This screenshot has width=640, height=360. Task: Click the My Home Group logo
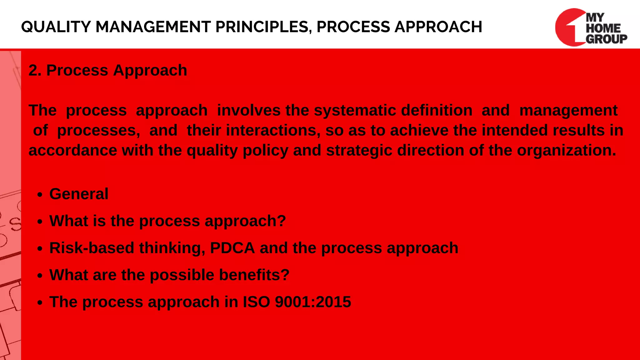coord(591,27)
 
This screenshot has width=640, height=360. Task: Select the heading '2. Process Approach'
coord(108,70)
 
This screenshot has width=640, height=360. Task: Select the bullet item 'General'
coord(79,194)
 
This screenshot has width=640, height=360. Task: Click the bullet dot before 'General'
coord(39,195)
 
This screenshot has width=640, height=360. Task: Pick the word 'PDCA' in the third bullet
coord(232,248)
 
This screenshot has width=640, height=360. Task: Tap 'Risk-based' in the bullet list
coord(92,248)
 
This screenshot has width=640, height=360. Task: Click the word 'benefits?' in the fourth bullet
coord(254,275)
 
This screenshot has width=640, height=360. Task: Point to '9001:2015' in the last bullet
coord(313,302)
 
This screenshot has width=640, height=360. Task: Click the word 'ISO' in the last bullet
coord(256,302)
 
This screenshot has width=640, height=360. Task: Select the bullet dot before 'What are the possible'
coord(39,276)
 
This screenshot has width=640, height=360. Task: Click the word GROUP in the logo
coord(606,39)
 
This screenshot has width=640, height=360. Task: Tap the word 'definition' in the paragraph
coord(437,110)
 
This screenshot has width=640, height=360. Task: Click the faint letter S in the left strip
coord(15,224)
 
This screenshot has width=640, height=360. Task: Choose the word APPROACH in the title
coord(438,27)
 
